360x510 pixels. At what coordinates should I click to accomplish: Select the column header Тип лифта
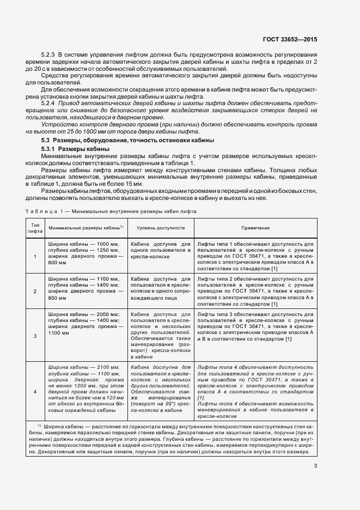[35, 228]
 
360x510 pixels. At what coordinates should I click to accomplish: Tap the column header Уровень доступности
[161, 228]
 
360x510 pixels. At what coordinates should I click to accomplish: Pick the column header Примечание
[255, 228]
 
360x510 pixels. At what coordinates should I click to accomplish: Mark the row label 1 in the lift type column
[35, 256]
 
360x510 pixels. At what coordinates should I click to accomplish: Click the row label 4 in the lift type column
[35, 392]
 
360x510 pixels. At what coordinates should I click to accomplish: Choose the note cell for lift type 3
[255, 327]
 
